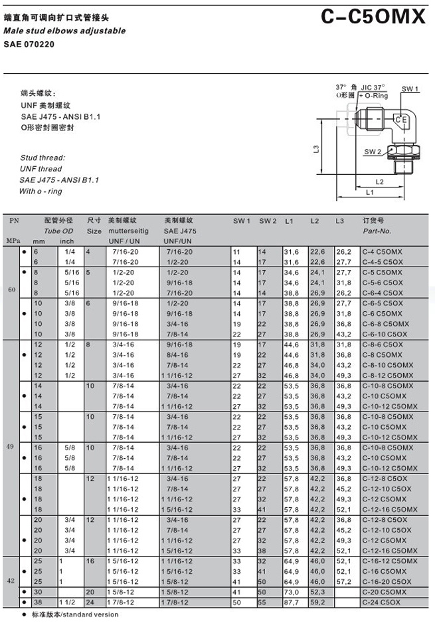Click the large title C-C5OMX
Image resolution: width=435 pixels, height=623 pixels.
click(x=373, y=17)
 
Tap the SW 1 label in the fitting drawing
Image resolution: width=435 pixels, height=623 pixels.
click(x=410, y=88)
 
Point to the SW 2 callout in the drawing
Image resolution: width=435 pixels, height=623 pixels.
click(x=373, y=152)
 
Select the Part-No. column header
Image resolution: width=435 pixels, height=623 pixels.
click(x=377, y=231)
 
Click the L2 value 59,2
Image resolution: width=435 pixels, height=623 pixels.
click(x=317, y=602)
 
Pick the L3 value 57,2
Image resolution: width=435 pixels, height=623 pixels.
click(x=343, y=580)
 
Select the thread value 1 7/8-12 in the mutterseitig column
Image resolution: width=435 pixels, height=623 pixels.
click(x=120, y=602)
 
